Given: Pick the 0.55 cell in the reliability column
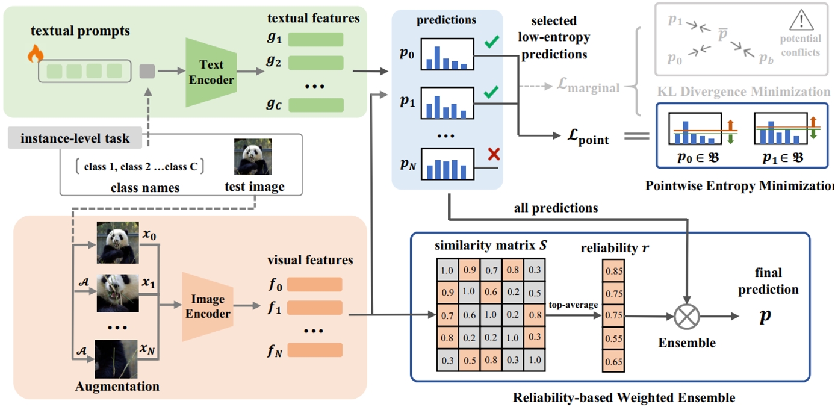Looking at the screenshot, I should coord(613,340).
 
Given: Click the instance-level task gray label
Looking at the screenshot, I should coord(76,140).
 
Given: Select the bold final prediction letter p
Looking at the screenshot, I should coord(765,317).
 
